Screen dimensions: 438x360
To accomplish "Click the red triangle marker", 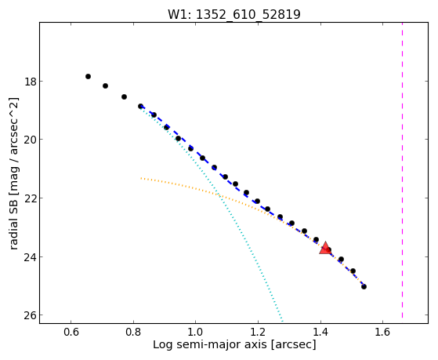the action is (x=325, y=248).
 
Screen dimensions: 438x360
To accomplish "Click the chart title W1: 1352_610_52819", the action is (x=233, y=14).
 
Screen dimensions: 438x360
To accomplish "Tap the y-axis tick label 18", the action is (x=30, y=82).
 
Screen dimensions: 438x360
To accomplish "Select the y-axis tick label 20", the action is (x=30, y=140).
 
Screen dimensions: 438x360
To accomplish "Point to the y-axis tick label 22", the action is (x=30, y=198).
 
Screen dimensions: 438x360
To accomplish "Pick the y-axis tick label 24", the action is (x=30, y=257).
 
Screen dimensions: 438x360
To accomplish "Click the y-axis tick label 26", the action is (x=30, y=315).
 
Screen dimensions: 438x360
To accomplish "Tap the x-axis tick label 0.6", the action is (x=71, y=333).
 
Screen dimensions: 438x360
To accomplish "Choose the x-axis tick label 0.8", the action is (x=133, y=333).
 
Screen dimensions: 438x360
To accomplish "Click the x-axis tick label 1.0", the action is (x=196, y=333).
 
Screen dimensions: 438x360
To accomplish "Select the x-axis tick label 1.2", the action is (x=258, y=333).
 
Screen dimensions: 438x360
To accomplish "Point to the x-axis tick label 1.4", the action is (x=320, y=333).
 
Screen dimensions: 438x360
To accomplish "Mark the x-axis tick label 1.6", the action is (x=382, y=333).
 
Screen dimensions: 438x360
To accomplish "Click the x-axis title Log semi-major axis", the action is (x=210, y=345).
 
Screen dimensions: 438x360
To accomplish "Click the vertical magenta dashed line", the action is (x=402, y=170).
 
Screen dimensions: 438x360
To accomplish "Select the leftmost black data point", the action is (x=88, y=76).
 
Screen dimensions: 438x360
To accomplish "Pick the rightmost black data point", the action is (x=364, y=287).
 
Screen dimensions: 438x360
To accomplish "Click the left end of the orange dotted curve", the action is (x=141, y=178).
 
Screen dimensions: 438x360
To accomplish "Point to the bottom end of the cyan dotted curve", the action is (x=283, y=321).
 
